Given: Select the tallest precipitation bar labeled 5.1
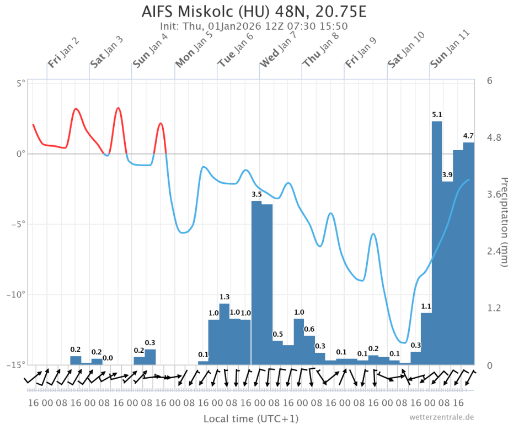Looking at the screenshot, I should [x=437, y=243].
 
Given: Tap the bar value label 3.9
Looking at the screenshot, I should [x=447, y=174].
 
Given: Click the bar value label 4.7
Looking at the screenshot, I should [x=468, y=136].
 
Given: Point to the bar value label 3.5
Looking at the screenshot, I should [x=256, y=194].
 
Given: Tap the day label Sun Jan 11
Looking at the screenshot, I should [x=450, y=48].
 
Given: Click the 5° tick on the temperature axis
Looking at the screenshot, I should [x=21, y=83].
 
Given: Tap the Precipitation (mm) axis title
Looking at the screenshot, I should [x=502, y=221].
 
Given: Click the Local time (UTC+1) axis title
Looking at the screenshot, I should [x=251, y=418].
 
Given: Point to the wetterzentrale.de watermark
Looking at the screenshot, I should [x=441, y=417].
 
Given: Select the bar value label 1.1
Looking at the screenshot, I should [x=426, y=306].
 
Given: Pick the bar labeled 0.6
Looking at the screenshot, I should [x=309, y=350].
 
